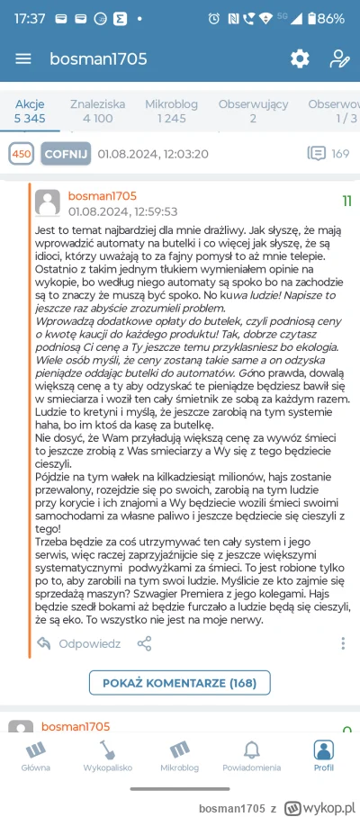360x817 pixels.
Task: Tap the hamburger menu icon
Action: (23, 58)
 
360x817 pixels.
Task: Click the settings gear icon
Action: (299, 58)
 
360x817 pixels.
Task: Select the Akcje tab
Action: (29, 111)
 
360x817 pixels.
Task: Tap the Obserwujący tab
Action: (253, 111)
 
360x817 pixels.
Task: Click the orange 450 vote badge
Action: (22, 154)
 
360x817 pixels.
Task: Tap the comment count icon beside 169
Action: (317, 153)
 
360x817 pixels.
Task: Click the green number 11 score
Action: (346, 201)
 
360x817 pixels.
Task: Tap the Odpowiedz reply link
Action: (79, 643)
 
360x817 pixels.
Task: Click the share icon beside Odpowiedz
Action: (144, 643)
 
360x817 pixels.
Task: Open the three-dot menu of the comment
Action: (343, 643)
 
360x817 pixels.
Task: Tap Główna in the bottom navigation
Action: (36, 756)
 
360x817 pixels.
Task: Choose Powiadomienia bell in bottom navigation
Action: (251, 756)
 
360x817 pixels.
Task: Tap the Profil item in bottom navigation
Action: (323, 756)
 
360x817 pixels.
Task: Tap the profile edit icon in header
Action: (339, 58)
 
